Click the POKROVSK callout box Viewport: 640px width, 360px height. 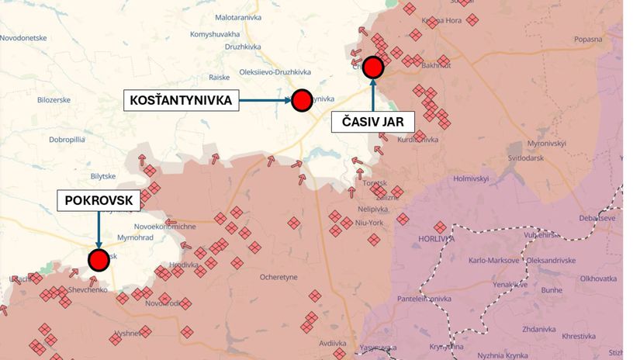click(99, 200)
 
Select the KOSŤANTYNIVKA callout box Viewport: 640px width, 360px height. click(182, 100)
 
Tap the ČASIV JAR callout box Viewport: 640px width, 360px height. click(373, 121)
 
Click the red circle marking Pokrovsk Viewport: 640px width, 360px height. click(99, 259)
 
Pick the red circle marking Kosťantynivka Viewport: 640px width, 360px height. click(302, 99)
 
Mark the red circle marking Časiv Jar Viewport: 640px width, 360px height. click(373, 67)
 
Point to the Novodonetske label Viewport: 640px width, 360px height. click(23, 37)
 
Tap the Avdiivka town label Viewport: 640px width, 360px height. click(333, 342)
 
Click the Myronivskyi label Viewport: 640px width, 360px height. click(547, 144)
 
